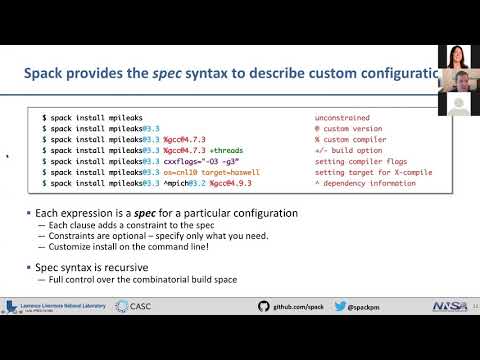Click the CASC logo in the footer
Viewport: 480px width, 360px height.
point(134,308)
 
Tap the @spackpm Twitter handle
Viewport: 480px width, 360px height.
point(370,308)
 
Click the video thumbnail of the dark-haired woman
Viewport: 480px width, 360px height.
point(451,59)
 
